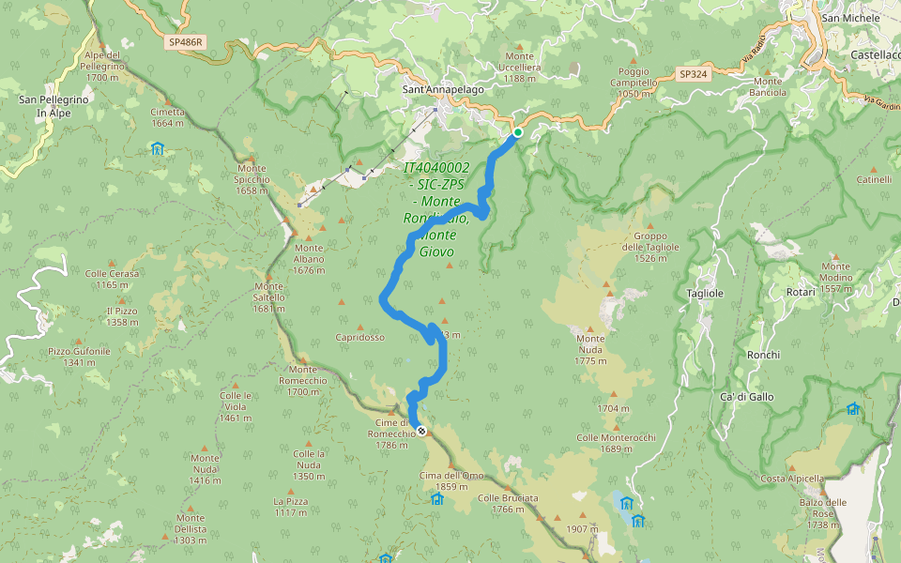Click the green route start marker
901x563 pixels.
pos(517,132)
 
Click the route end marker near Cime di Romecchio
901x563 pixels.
pos(421,431)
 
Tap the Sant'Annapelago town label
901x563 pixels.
pos(430,90)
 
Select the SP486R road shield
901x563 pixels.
pos(187,43)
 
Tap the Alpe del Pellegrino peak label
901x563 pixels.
pos(101,66)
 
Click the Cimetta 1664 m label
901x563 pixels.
pos(167,116)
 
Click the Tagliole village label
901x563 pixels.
pos(705,293)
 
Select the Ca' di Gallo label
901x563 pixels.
pos(746,397)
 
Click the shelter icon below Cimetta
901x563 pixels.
pos(158,148)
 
